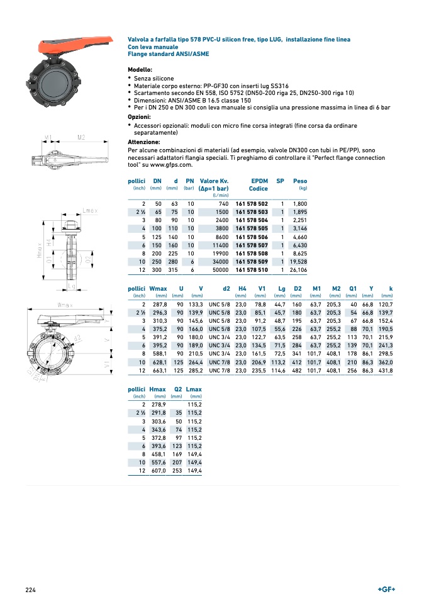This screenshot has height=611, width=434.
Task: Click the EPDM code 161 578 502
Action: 252,204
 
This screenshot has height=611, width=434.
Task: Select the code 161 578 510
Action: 252,269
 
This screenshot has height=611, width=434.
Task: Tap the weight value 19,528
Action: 298,261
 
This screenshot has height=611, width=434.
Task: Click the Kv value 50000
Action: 220,269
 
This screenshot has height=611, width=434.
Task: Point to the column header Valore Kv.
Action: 213,181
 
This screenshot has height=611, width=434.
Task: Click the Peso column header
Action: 300,181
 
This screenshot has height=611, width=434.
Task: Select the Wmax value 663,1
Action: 158,371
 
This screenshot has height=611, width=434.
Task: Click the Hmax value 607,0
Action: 157,470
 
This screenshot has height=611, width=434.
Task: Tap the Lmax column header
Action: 194,390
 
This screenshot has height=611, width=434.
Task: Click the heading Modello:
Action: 140,69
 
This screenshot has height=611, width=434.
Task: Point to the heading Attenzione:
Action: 143,142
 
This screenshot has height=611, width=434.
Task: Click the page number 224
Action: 31,590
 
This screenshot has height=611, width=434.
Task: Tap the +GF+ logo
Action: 386,589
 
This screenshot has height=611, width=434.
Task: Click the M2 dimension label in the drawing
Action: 81,137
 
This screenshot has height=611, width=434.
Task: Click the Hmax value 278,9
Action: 157,404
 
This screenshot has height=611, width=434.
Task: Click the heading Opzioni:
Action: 139,117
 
